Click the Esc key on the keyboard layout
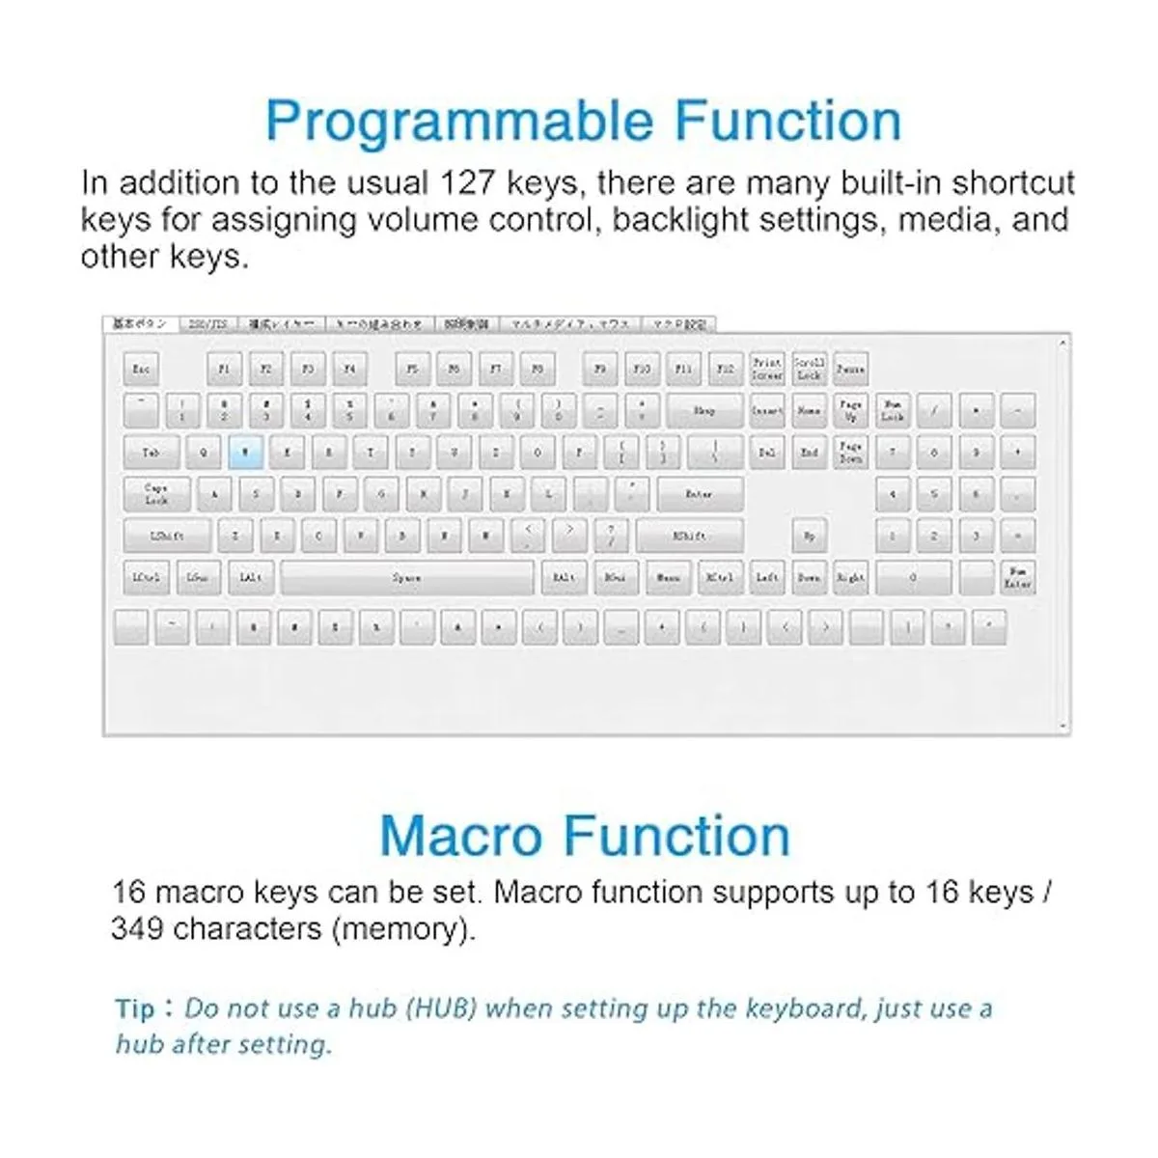point(141,369)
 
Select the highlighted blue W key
point(245,452)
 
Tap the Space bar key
point(406,577)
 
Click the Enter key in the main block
point(699,494)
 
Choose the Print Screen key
point(767,369)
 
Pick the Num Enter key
point(1017,577)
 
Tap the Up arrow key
point(809,536)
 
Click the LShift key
point(167,536)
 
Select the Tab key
point(152,452)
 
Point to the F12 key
point(726,369)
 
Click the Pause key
point(850,369)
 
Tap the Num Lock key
point(892,410)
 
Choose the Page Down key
point(850,452)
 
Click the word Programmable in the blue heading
point(459,122)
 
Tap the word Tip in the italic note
point(134,1009)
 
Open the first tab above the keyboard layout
point(140,324)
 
